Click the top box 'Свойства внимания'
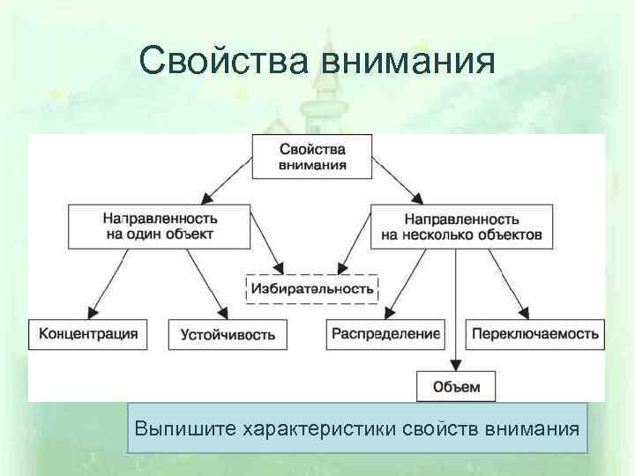pos(312,157)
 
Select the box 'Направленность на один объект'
pos(158,226)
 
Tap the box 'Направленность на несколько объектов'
pos(461,226)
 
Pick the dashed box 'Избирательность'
pos(311,288)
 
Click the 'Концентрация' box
pos(88,333)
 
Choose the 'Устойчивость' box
pos(228,334)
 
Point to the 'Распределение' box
pos(385,333)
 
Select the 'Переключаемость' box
pos(535,333)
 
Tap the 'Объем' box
pos(456,386)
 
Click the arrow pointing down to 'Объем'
pos(456,309)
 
